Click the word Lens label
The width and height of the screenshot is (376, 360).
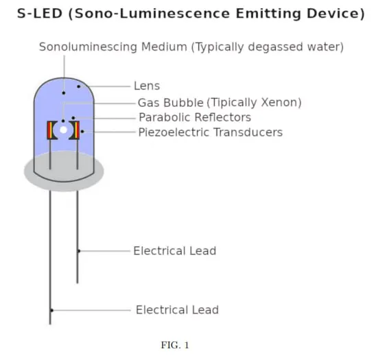click(x=147, y=86)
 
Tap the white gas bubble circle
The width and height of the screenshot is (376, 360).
click(x=63, y=130)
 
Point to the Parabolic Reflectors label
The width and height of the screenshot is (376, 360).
click(x=195, y=117)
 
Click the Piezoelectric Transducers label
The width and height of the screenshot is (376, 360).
click(x=211, y=132)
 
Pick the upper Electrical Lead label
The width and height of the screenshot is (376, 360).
click(x=175, y=251)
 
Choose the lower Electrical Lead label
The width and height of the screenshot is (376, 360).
click(x=177, y=310)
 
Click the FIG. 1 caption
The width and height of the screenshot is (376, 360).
click(x=175, y=345)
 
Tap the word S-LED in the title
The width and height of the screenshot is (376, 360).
click(x=40, y=14)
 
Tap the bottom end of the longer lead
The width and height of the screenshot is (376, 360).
click(x=50, y=324)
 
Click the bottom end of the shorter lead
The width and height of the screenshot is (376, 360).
click(x=78, y=283)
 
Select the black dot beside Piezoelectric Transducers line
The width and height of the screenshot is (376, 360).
click(x=82, y=132)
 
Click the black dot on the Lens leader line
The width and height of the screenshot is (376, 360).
click(x=78, y=86)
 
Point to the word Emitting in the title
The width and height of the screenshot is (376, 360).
click(x=268, y=14)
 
